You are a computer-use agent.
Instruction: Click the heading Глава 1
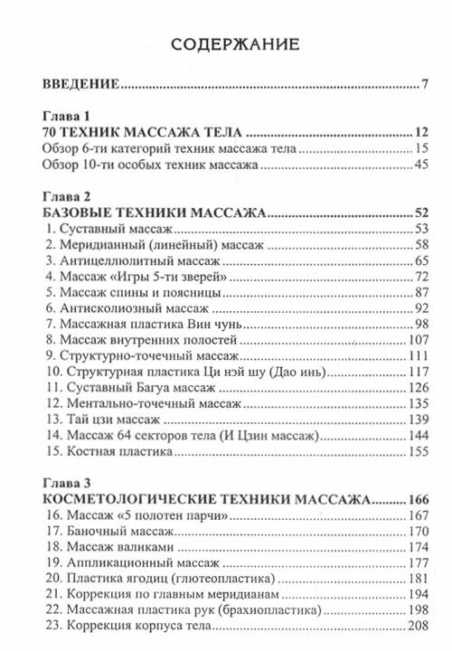[x=67, y=117]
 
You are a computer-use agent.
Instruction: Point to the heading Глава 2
[x=67, y=195]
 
